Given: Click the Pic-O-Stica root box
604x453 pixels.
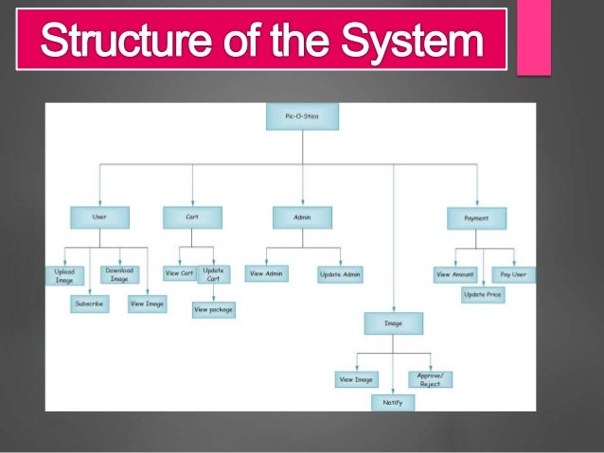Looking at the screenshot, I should pos(302,116).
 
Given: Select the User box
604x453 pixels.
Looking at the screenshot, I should pos(99,218).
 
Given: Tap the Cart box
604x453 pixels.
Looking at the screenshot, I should pos(192,218).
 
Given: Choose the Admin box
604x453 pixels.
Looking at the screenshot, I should pos(303,218).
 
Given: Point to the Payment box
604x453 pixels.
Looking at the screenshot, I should pos(476,218).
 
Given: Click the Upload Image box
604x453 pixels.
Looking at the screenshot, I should pos(63,274).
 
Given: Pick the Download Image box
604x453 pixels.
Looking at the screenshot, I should pos(119,274).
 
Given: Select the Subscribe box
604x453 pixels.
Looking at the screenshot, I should pos(90,304).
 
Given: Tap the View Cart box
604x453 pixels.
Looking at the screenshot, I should pos(179,273).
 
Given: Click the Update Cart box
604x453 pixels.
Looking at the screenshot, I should pos(214,274).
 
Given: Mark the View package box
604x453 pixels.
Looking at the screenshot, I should pos(214,308).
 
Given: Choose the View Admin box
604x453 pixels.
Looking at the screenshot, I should pos(266,273).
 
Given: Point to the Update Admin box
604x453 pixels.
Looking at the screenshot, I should pos(341,274).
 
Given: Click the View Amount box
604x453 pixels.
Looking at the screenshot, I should pos(455,274).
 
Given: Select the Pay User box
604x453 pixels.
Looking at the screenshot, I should pos(514,274).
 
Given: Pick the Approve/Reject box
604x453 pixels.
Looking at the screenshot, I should pos(430,378).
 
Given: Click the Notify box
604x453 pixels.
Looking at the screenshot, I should pos(392,402).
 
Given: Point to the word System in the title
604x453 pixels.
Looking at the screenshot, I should pos(414,43).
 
